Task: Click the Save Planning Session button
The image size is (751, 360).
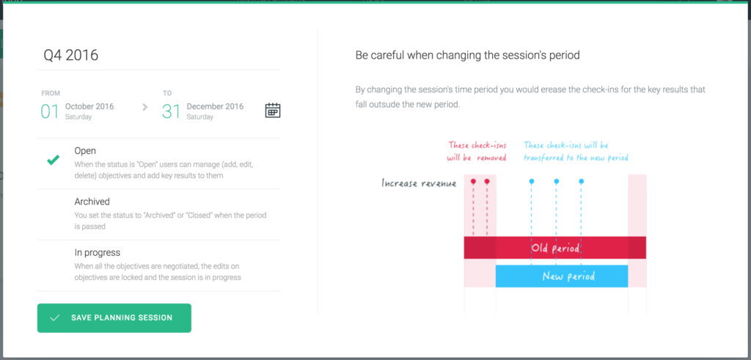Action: pyautogui.click(x=114, y=318)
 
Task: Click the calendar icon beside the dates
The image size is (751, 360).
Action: pyautogui.click(x=273, y=111)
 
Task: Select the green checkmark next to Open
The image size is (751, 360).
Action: pyautogui.click(x=53, y=161)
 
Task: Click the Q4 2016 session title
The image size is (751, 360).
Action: pyautogui.click(x=71, y=56)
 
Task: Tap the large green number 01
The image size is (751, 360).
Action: pyautogui.click(x=50, y=111)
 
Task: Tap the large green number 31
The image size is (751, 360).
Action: pyautogui.click(x=172, y=111)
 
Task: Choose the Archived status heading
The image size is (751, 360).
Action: pyautogui.click(x=92, y=202)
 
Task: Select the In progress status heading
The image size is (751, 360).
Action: pyautogui.click(x=98, y=252)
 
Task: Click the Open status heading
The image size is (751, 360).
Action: pyautogui.click(x=85, y=151)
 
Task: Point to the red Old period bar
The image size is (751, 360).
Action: pyautogui.click(x=555, y=248)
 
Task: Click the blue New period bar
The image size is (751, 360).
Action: pyautogui.click(x=562, y=276)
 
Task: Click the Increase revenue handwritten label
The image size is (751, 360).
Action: pyautogui.click(x=419, y=183)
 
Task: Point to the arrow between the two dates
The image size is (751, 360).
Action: pyautogui.click(x=145, y=107)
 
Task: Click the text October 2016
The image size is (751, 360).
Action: pyautogui.click(x=89, y=106)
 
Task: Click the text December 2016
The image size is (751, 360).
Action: pyautogui.click(x=215, y=106)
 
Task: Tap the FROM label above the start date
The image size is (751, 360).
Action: pyautogui.click(x=51, y=93)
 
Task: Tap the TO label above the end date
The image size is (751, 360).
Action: pyautogui.click(x=167, y=93)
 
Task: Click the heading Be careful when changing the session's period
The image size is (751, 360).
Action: pyautogui.click(x=467, y=56)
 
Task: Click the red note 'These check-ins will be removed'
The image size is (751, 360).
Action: pyautogui.click(x=477, y=151)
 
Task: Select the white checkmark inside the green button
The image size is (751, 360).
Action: pyautogui.click(x=54, y=318)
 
